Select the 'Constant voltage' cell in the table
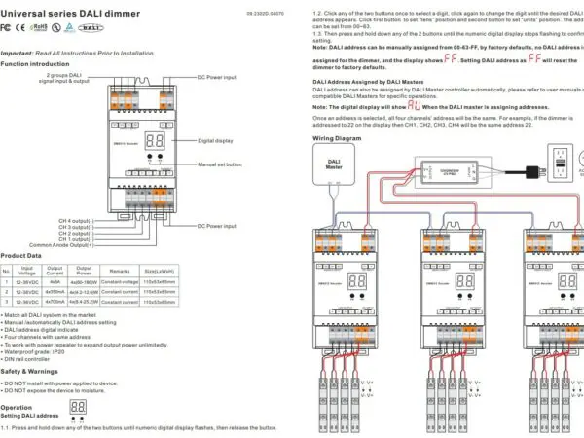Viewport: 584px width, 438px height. (121, 282)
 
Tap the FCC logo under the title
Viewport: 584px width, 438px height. (9, 30)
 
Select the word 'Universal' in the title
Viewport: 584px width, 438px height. (24, 12)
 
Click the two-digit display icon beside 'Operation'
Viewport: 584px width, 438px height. (79, 405)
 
